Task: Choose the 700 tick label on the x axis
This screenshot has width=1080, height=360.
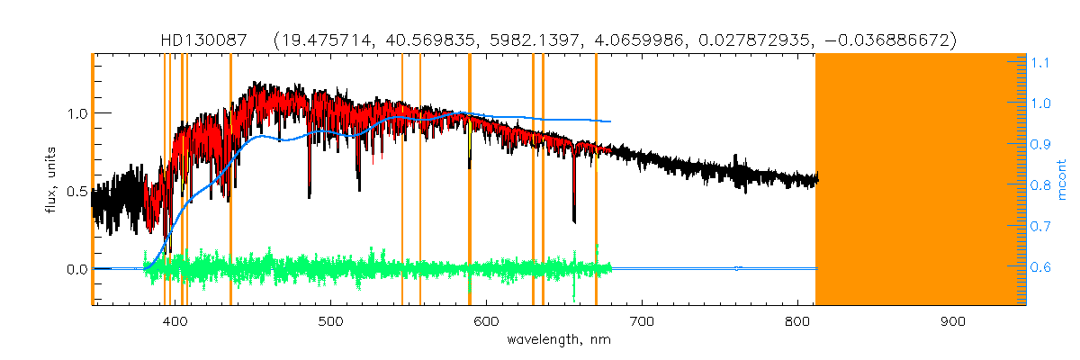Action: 642,321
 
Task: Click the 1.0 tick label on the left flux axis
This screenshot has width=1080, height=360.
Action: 76,113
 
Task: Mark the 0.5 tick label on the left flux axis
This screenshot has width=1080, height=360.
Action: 76,191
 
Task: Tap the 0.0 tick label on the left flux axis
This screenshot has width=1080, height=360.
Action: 76,269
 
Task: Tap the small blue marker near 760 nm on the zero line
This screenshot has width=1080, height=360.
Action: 737,268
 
